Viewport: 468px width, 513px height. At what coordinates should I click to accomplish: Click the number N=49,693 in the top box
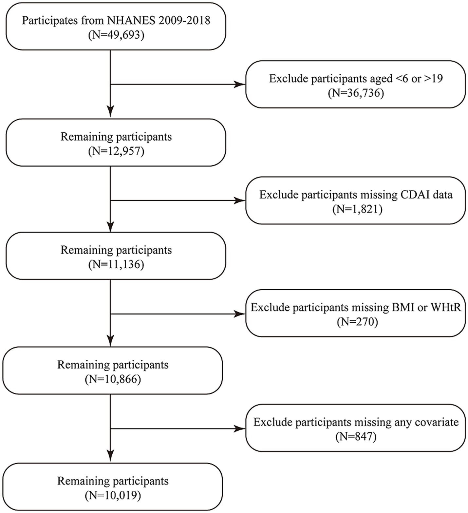(116, 35)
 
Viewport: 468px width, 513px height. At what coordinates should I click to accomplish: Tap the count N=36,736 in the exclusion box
(356, 93)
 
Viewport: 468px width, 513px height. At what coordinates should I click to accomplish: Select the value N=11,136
(116, 264)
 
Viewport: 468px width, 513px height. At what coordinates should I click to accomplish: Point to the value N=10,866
(113, 379)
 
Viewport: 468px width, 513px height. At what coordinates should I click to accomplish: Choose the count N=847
(356, 437)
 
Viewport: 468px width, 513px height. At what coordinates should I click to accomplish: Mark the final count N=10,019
(113, 495)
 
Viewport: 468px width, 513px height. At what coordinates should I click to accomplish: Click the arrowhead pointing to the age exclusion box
(240, 85)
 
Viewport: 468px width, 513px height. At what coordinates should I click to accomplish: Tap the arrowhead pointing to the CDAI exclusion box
(240, 200)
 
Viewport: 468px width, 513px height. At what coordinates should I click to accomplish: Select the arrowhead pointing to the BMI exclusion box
(240, 314)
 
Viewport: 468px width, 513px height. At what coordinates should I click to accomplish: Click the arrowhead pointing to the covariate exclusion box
(240, 428)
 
